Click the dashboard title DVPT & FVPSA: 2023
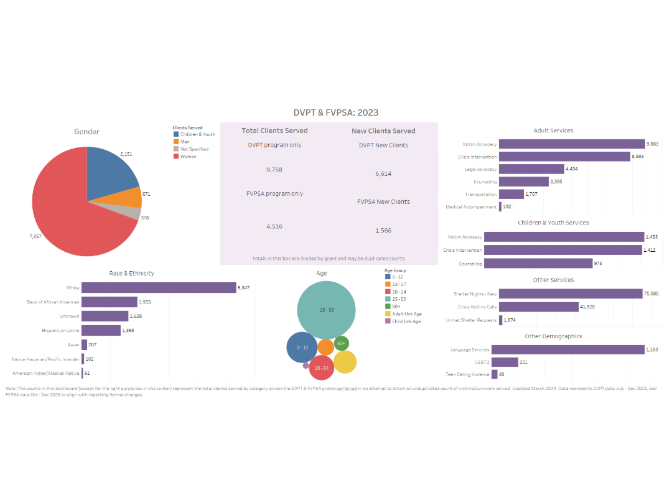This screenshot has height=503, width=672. (335, 113)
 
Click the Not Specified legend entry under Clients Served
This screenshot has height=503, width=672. (194, 149)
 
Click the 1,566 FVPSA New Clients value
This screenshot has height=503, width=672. (383, 231)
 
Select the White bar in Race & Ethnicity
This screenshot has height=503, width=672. (159, 288)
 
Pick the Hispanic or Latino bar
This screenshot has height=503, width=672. (101, 331)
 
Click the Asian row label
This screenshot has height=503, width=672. (73, 344)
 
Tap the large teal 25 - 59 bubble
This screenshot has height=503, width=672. (326, 310)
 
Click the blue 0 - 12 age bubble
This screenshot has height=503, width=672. (302, 348)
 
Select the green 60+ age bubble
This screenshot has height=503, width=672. (341, 343)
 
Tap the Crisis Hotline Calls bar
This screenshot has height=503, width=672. (547, 307)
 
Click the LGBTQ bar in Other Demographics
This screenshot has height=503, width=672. (505, 362)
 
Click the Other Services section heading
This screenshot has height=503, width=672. (553, 280)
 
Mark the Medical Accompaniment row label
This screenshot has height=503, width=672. (471, 207)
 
